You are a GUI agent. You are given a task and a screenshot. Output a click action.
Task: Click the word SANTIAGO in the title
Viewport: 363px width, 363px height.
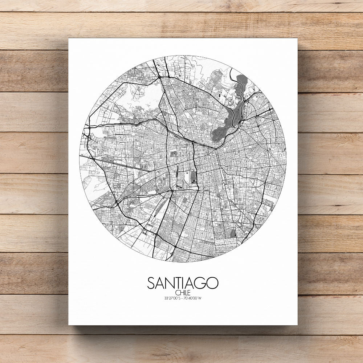pyautogui.click(x=183, y=283)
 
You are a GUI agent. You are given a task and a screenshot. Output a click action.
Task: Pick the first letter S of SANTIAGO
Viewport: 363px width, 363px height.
pyautogui.click(x=151, y=283)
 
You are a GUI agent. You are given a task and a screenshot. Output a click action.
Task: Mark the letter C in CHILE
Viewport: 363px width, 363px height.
pyautogui.click(x=176, y=293)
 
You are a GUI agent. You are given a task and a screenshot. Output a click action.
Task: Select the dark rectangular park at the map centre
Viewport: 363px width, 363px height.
pyautogui.click(x=193, y=178)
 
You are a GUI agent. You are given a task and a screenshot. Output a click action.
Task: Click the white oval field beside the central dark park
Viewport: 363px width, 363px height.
pyautogui.click(x=187, y=177)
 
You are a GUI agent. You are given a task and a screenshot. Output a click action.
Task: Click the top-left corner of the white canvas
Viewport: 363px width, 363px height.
pyautogui.click(x=69, y=38)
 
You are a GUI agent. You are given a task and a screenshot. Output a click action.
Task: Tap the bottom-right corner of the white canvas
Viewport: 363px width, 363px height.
pyautogui.click(x=297, y=325)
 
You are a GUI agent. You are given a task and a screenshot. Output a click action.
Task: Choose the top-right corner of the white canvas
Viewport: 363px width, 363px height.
pyautogui.click(x=297, y=38)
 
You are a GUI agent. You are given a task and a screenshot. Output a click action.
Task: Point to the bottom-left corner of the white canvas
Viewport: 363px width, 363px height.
pyautogui.click(x=69, y=325)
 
